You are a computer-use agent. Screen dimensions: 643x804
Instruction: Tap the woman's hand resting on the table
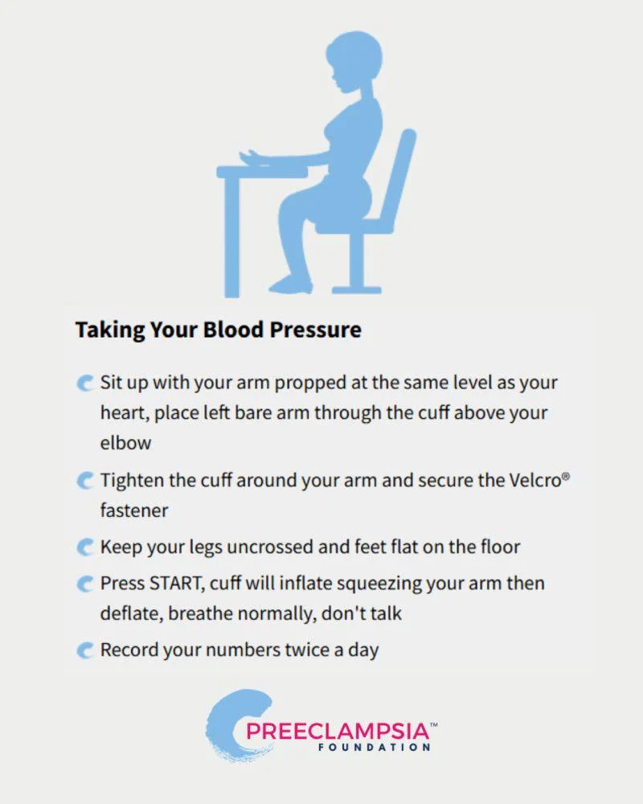click(x=252, y=158)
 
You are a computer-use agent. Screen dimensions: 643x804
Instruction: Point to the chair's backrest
click(x=400, y=174)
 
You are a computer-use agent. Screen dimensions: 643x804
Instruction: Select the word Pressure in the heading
click(x=315, y=330)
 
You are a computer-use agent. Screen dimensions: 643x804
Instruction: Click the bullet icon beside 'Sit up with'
click(x=85, y=383)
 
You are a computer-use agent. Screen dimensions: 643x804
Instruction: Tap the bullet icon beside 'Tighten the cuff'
click(x=85, y=481)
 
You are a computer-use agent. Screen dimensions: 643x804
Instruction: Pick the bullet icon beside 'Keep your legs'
click(x=85, y=548)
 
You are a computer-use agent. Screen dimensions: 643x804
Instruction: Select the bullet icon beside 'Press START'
click(x=85, y=584)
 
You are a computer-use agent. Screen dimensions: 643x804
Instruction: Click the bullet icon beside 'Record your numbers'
click(x=85, y=650)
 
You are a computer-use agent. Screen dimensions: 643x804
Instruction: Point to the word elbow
click(x=125, y=443)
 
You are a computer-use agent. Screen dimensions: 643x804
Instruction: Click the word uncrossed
click(x=270, y=547)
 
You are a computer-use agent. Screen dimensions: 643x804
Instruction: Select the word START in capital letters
click(x=176, y=584)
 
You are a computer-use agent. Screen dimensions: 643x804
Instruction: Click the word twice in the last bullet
click(x=307, y=650)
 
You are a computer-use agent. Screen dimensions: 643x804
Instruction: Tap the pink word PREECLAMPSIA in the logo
click(x=338, y=731)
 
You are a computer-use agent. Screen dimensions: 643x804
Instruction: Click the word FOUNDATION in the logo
click(x=375, y=747)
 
